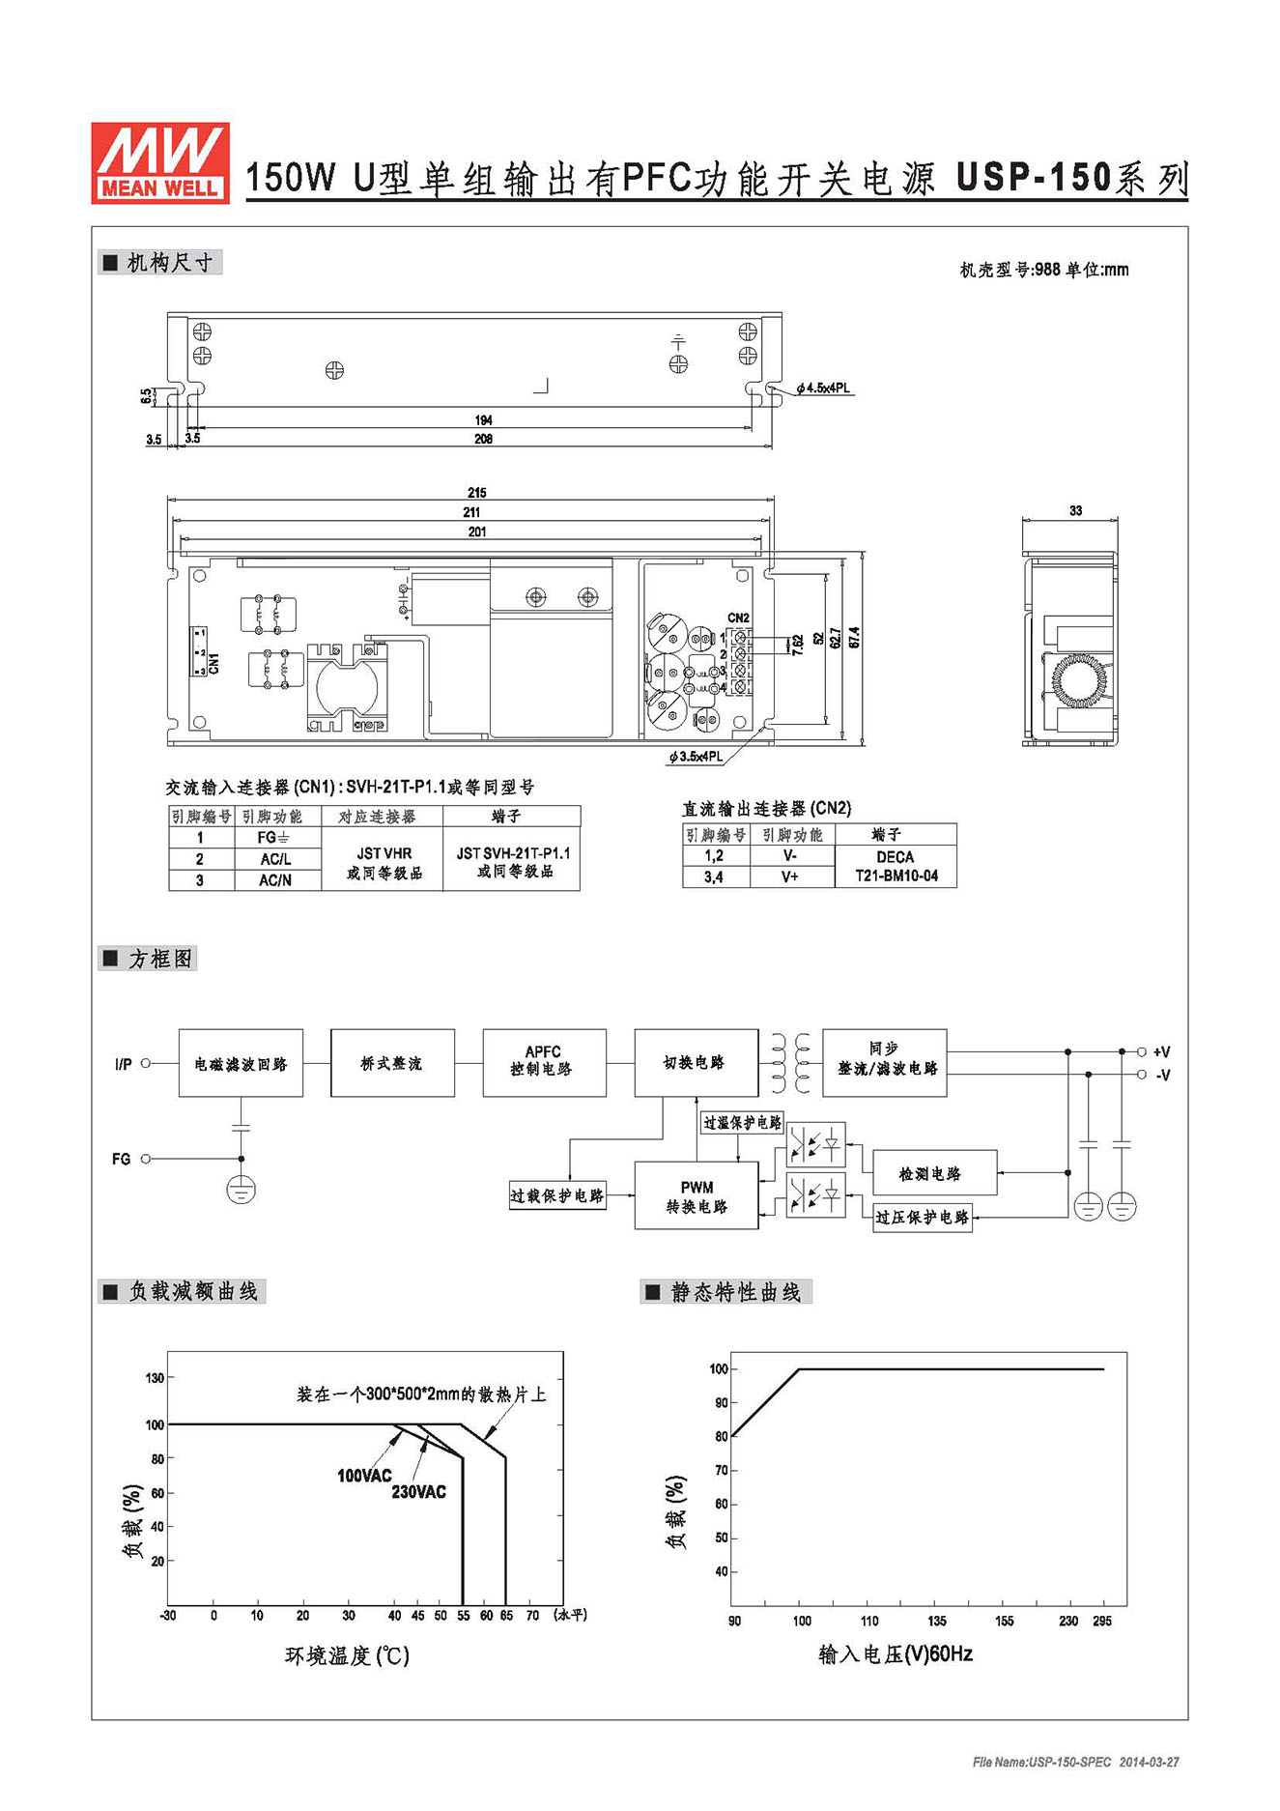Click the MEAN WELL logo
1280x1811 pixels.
coord(160,162)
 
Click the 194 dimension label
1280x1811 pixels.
coord(483,420)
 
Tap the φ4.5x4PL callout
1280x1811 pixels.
coord(823,388)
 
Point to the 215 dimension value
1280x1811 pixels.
coord(476,493)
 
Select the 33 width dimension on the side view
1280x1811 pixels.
coord(1075,510)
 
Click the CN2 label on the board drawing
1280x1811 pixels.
coord(738,618)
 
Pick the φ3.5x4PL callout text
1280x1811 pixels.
coord(696,757)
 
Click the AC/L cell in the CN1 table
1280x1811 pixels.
coord(275,859)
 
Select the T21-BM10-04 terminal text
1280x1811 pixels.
coord(896,877)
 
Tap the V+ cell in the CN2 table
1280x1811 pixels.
coord(790,877)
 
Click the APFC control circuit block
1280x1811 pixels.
coord(545,1063)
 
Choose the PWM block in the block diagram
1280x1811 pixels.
coord(697,1196)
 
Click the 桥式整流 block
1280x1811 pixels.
coord(392,1063)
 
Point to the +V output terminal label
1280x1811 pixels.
coord(1161,1052)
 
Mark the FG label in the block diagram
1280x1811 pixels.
coord(121,1159)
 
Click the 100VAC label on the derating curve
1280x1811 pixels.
coord(364,1476)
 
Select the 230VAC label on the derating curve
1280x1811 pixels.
coord(418,1492)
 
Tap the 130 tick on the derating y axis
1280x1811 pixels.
coord(155,1378)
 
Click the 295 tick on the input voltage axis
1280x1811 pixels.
coord(1102,1621)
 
